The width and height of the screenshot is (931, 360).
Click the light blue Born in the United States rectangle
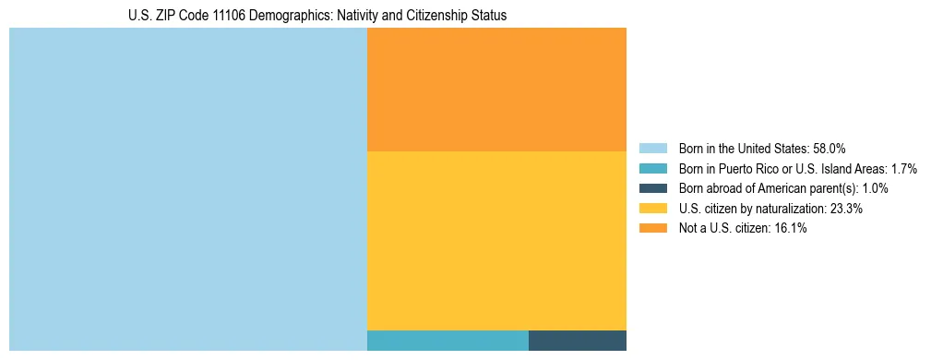coord(188,189)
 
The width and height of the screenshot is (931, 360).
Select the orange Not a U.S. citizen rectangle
coord(496,90)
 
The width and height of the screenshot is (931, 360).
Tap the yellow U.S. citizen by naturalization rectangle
coord(496,240)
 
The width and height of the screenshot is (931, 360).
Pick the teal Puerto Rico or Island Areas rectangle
coord(448,340)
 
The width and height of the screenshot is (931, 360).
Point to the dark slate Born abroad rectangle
coord(578,340)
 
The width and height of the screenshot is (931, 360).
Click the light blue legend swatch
coord(652,148)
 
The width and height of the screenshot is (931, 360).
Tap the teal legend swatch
coord(652,168)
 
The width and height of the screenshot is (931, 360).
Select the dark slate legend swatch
coord(652,188)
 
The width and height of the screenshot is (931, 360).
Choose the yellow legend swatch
coord(652,209)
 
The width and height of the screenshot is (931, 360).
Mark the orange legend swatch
coord(652,229)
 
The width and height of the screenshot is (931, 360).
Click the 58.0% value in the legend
coord(830,148)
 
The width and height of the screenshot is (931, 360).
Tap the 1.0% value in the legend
coord(873,188)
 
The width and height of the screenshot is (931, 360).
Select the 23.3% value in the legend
coord(846,209)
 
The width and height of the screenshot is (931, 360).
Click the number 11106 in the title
coord(231,16)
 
